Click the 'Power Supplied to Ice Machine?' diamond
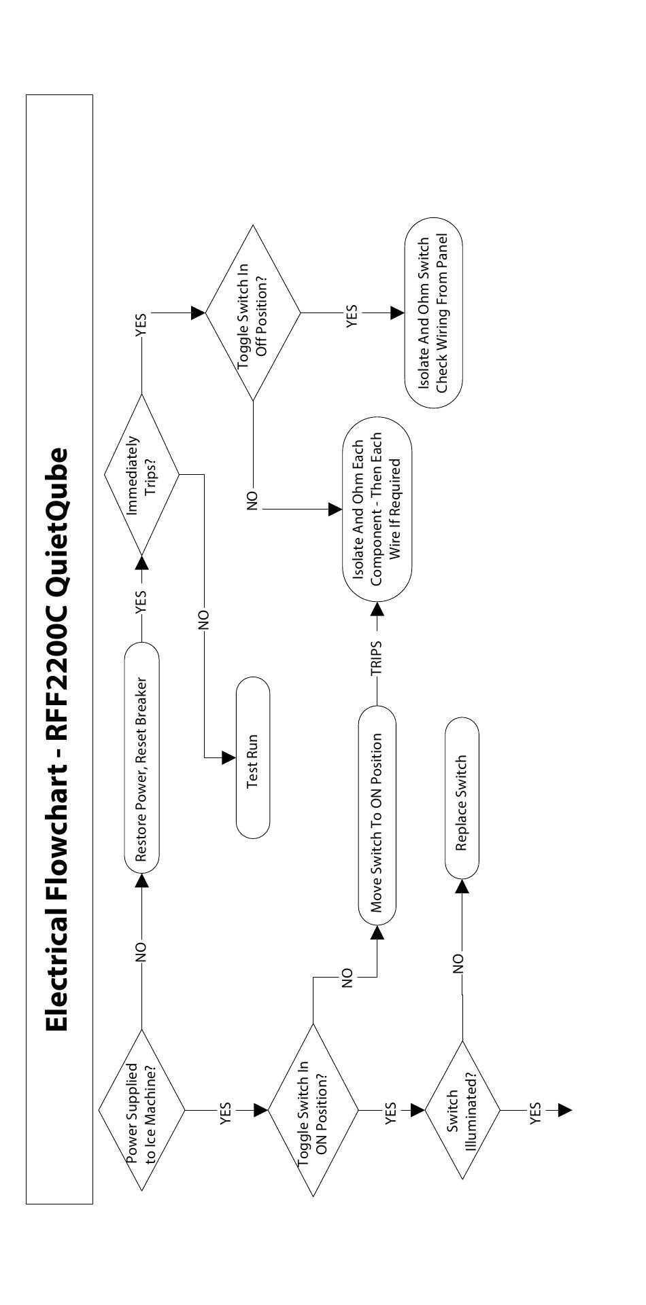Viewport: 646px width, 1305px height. tap(141, 1110)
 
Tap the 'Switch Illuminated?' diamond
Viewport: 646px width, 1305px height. tap(462, 1110)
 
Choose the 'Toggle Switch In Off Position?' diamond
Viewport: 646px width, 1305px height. tap(253, 312)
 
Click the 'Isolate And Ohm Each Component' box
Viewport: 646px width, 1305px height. tap(377, 509)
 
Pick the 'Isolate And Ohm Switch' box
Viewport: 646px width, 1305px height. tap(433, 312)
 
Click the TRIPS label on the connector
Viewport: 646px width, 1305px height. tap(377, 658)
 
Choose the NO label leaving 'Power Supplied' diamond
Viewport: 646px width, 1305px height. tap(141, 952)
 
